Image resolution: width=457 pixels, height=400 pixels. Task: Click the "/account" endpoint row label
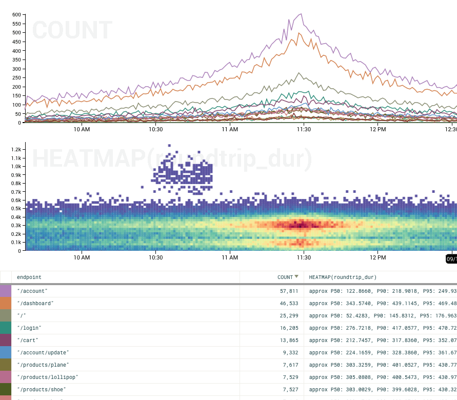tap(32, 291)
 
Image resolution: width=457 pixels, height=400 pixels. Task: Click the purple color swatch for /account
tap(6, 291)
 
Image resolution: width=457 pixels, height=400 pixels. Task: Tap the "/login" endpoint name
tap(29, 328)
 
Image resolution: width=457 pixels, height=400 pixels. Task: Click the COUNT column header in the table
tap(285, 277)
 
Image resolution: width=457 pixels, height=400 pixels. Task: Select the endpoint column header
tap(29, 277)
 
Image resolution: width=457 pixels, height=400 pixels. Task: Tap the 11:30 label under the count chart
tap(304, 129)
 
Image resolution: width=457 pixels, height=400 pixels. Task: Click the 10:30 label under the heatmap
tap(156, 257)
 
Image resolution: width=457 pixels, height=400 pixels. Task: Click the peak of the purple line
tap(301, 14)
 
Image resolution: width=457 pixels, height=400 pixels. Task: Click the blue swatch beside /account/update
tap(6, 352)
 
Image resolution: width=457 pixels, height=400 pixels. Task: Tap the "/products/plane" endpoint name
tap(43, 365)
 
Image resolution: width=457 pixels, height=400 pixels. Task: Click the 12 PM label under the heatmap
tap(377, 257)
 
